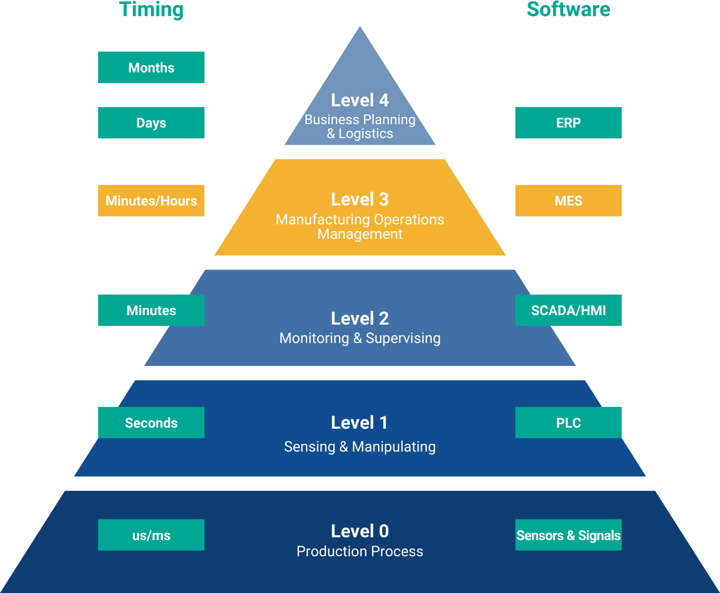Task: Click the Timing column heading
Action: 151,10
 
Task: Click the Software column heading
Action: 568,10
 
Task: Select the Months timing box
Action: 151,67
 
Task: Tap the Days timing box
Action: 151,122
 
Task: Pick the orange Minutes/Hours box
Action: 151,200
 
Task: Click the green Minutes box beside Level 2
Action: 151,310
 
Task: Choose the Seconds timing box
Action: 151,423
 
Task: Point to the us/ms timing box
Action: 151,535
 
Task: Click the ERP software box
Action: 568,122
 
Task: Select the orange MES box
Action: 568,200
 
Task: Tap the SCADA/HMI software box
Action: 568,310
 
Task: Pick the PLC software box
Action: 568,423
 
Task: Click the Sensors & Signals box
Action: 568,535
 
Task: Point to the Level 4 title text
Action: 360,100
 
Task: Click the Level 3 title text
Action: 360,199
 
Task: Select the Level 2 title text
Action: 360,318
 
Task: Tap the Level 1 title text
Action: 360,423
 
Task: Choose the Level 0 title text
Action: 360,531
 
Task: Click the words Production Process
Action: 360,551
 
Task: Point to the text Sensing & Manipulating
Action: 360,447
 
